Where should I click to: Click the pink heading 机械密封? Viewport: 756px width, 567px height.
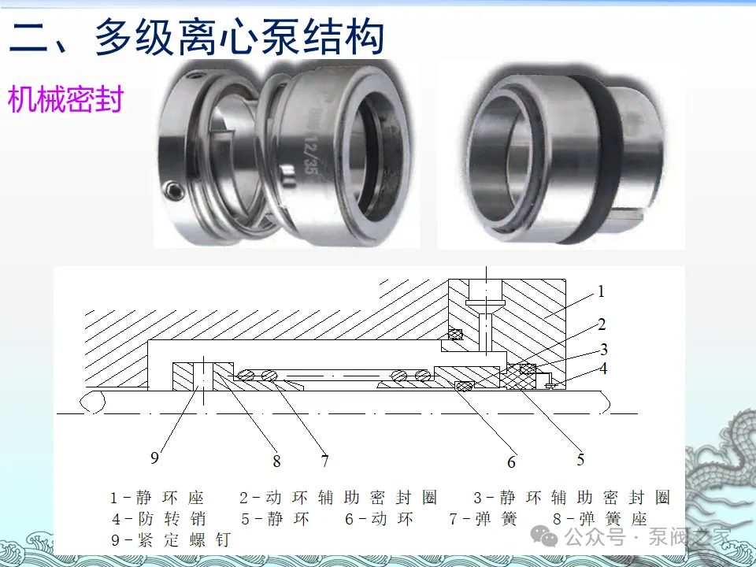65,99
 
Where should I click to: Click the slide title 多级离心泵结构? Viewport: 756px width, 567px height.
239,37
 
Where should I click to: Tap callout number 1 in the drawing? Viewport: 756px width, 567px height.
601,291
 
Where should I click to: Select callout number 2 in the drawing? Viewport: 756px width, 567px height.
602,324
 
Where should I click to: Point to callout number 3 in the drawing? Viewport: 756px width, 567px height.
604,349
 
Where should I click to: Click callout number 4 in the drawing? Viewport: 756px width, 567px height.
603,369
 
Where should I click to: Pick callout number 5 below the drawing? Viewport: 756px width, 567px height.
580,459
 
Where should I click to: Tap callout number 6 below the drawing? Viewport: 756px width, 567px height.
512,462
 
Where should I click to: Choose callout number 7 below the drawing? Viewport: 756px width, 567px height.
325,461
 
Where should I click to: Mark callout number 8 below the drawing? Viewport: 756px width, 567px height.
276,461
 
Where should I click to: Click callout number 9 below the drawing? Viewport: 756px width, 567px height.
154,457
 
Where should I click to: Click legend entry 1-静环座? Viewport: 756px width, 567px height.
157,497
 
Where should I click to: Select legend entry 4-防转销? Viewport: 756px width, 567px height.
159,519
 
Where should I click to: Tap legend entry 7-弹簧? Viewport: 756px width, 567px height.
483,519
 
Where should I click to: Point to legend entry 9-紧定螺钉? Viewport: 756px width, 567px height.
171,539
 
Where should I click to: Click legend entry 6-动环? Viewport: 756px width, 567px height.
379,519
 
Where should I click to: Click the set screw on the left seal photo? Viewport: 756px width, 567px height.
173,191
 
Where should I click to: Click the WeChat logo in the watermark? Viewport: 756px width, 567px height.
544,536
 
